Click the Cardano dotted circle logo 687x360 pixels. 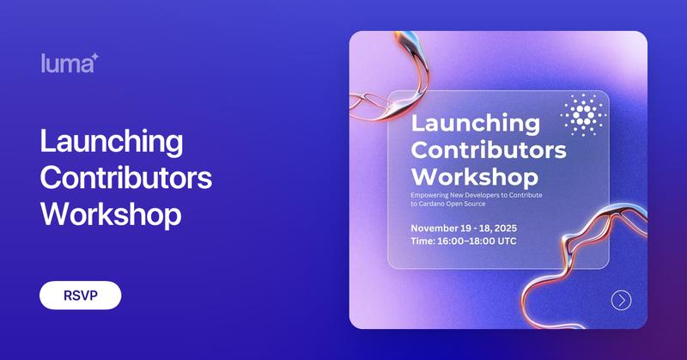[x=583, y=114]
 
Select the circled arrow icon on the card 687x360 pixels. [x=621, y=300]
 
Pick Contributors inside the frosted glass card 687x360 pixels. [x=489, y=149]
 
